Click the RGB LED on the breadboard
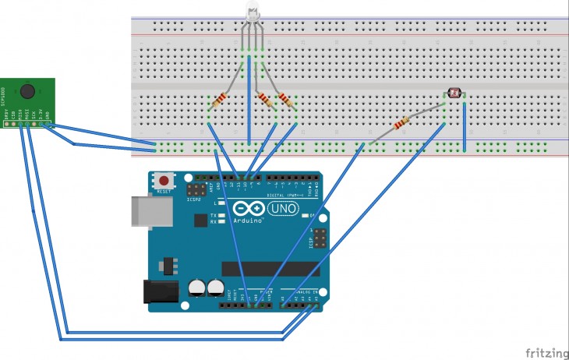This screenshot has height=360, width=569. click(x=253, y=14)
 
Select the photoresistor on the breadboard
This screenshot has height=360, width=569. click(x=455, y=95)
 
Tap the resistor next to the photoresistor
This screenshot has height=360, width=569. click(x=402, y=123)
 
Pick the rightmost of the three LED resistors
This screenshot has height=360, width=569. click(x=286, y=100)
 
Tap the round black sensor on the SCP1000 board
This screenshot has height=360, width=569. click(x=28, y=90)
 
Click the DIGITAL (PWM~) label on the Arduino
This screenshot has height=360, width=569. click(x=284, y=194)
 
